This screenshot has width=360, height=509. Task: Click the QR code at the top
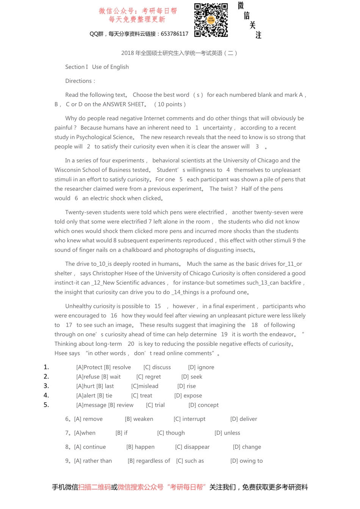(211, 20)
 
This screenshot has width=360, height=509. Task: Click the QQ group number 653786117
(174, 34)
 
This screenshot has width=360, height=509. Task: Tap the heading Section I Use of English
(97, 67)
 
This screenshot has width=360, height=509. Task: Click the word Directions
(79, 81)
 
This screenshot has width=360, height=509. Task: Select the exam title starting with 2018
(179, 53)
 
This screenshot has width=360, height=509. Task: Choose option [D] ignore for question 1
(201, 367)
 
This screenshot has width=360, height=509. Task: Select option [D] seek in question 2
(192, 377)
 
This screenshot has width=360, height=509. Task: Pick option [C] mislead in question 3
(145, 386)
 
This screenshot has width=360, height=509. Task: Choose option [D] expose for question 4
(188, 396)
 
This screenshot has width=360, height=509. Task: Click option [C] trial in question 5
(155, 405)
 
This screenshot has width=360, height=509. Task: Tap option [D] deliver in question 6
(244, 419)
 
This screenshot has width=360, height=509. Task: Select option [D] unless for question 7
(227, 433)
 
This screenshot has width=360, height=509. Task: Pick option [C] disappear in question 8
(192, 447)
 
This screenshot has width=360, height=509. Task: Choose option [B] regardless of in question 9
(149, 461)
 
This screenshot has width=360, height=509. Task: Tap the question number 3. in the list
(46, 386)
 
